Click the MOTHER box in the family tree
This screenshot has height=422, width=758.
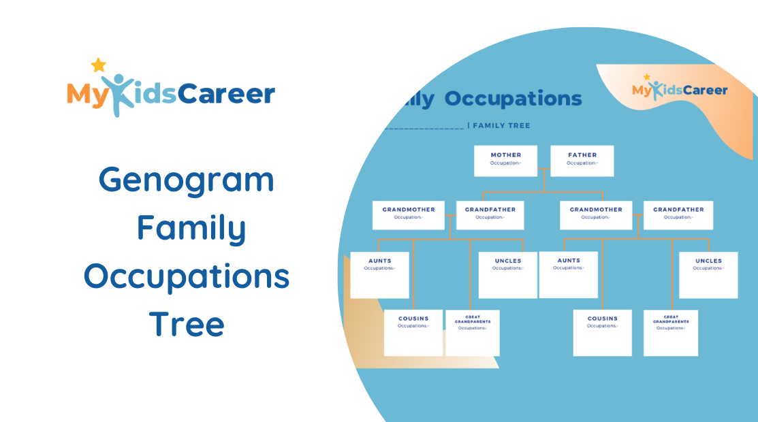pos(505,161)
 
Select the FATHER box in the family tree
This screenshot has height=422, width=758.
pos(582,161)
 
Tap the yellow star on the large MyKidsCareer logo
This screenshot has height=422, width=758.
pos(99,65)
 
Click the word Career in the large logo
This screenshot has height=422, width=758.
pos(226,94)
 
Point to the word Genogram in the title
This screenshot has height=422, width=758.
pos(187,180)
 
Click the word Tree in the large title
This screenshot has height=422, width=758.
pos(187,324)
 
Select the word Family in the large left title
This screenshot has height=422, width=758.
pos(191,229)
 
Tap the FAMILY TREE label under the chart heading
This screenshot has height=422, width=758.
pos(501,126)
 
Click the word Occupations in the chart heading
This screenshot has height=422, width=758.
pos(513,99)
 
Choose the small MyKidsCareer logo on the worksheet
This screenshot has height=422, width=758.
pos(679,89)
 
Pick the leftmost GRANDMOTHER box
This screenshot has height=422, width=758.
pos(408,215)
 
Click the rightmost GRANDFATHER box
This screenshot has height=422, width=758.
pos(678,215)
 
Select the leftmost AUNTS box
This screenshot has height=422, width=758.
pos(379,275)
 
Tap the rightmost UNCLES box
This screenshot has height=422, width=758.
pos(708,275)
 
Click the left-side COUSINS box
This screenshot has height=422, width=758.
pos(413,333)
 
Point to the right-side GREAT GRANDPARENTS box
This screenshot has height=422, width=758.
pos(670,333)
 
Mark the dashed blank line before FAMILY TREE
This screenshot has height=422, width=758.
pos(424,127)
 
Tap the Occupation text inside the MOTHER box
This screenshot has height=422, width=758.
pos(505,163)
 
